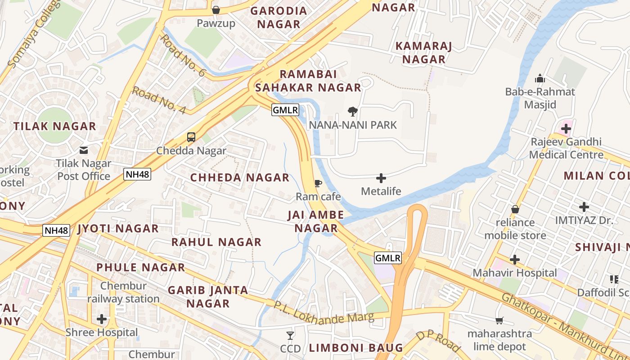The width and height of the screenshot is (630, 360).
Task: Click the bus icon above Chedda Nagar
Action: coord(191,137)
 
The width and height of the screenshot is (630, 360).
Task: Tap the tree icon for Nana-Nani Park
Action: coord(353,112)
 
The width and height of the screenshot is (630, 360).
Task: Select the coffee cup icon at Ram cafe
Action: coord(318,183)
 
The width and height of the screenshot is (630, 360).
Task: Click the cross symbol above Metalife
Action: coord(381,178)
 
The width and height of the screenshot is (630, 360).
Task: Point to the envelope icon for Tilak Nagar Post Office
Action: coord(84,150)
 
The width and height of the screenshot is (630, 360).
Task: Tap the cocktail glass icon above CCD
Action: coord(290,335)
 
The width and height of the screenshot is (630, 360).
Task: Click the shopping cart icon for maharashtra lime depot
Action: coord(499,320)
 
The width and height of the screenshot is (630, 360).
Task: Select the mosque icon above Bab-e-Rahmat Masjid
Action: coord(540,79)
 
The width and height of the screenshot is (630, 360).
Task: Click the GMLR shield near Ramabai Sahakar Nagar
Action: coord(285,110)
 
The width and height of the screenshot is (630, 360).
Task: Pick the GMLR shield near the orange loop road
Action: coord(388,258)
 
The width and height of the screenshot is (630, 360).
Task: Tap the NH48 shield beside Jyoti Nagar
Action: coord(57,231)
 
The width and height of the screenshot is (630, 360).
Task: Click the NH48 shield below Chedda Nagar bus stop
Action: coord(137,174)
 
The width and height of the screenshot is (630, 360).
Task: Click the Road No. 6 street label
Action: coord(183,55)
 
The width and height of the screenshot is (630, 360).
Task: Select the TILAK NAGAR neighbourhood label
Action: coord(55,126)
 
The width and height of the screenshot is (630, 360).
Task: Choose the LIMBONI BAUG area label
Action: coord(356,348)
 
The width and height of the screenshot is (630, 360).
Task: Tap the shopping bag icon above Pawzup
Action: coord(216,10)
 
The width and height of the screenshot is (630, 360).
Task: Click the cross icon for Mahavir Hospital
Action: coord(515,260)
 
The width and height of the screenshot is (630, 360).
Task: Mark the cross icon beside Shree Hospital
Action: coord(102,319)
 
